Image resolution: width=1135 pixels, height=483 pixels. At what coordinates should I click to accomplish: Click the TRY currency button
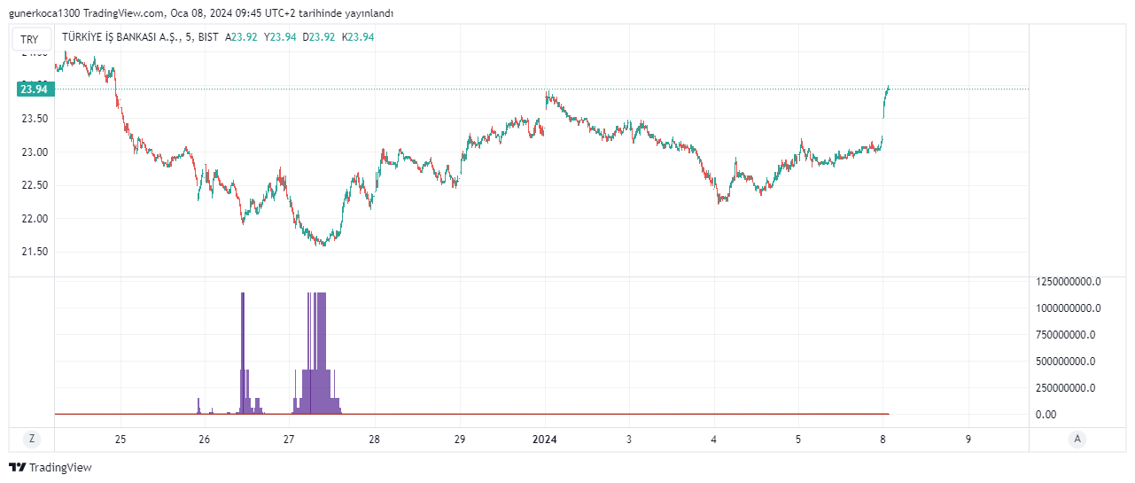tap(30, 39)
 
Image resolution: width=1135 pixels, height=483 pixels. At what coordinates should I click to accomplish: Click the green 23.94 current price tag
tap(35, 89)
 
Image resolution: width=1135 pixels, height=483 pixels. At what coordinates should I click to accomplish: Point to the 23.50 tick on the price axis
tap(35, 119)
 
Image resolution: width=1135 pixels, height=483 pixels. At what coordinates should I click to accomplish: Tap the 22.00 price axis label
tap(35, 219)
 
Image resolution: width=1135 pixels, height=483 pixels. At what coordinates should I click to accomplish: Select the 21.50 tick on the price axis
tap(35, 252)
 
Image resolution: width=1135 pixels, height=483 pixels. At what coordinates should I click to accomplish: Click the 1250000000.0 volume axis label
tap(1068, 282)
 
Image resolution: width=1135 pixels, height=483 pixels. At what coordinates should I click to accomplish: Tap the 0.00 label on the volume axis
tap(1046, 415)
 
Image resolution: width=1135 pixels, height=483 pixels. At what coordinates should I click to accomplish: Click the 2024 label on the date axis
tap(544, 440)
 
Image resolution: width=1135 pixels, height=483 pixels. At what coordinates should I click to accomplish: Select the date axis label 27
tap(289, 440)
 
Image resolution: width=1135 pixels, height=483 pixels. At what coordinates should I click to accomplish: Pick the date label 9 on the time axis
tap(968, 440)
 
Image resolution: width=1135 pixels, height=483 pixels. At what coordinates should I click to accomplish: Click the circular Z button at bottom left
tap(32, 439)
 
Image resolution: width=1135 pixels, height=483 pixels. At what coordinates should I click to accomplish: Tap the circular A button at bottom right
tap(1077, 439)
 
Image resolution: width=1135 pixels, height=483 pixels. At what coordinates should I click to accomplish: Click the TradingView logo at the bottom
tap(51, 467)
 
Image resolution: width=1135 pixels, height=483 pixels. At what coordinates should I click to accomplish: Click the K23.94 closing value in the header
tap(358, 37)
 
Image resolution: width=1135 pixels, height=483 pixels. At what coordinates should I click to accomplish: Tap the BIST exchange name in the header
tap(209, 37)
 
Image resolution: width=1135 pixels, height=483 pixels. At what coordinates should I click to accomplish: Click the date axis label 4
tap(713, 440)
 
